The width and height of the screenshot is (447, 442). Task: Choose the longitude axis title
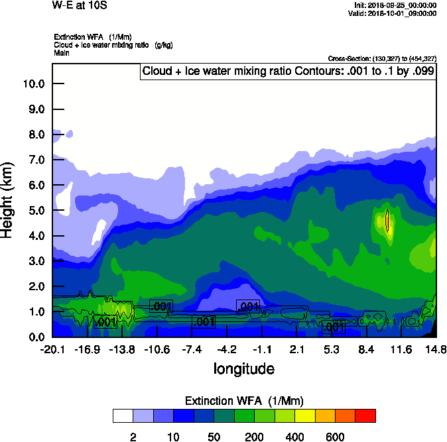pyautogui.click(x=243, y=368)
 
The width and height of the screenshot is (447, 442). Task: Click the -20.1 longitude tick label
pyautogui.click(x=52, y=349)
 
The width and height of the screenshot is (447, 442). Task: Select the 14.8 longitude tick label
pyautogui.click(x=436, y=349)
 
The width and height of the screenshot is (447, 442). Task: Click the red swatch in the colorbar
pyautogui.click(x=365, y=415)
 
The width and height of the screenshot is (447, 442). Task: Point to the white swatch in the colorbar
pyautogui.click(x=123, y=415)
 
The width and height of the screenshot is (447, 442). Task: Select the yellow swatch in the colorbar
pyautogui.click(x=304, y=415)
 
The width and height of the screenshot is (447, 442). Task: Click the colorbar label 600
pyautogui.click(x=334, y=437)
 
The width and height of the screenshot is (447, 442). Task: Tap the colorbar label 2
pyautogui.click(x=133, y=437)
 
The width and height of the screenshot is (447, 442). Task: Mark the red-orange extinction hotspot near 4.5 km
pyautogui.click(x=387, y=221)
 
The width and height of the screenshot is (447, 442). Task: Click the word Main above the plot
pyautogui.click(x=62, y=52)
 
